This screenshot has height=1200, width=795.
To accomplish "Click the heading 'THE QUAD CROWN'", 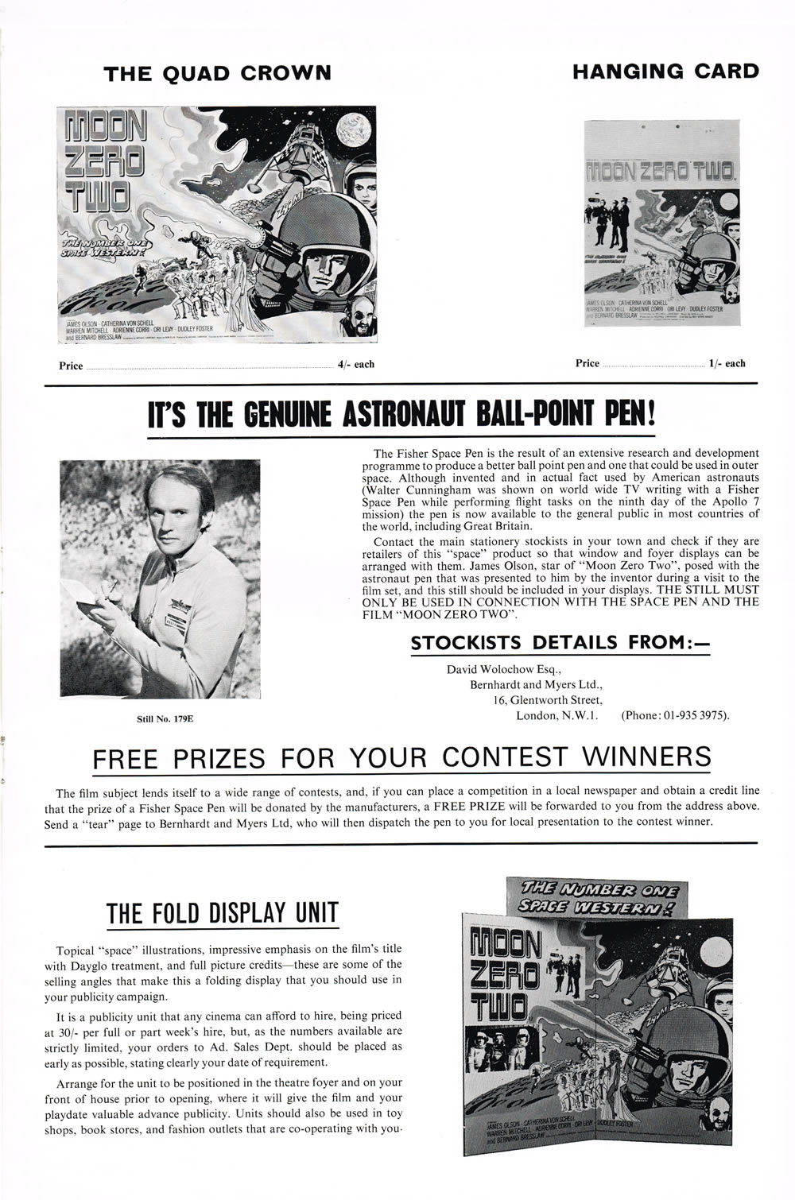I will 218,73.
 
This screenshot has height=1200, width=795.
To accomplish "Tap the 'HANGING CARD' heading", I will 665,71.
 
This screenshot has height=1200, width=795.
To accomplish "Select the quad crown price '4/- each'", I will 355,365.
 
